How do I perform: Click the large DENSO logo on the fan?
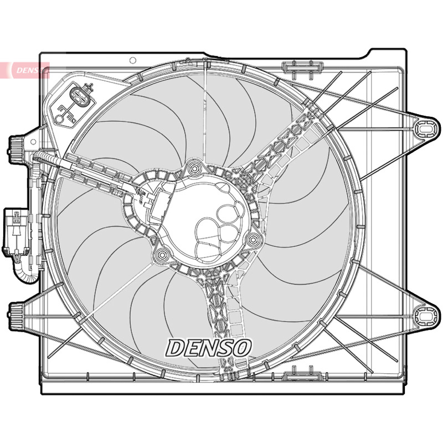pos(209,347)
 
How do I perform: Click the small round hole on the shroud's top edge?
pos(133,60)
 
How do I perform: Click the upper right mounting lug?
pos(426,129)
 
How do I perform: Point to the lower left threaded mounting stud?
pos(16,316)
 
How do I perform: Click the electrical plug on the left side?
pos(16,231)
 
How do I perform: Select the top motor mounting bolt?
pos(194,168)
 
